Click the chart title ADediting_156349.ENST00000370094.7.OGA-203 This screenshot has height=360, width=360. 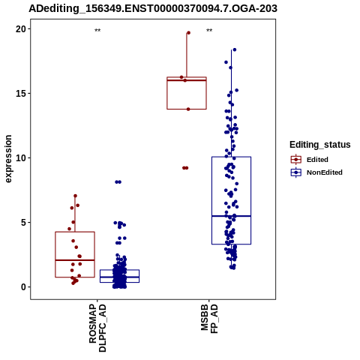153,8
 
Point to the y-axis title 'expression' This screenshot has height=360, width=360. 8,159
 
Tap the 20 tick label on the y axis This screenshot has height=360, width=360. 21,29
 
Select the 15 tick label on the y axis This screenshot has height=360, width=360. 21,94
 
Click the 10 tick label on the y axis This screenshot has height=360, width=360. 21,158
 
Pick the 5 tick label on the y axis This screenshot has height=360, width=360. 23,223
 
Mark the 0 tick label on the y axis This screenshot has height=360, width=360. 23,287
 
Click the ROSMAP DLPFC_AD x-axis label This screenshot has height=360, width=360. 97,328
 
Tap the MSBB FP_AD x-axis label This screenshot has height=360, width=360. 209,319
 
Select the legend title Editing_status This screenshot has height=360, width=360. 319,145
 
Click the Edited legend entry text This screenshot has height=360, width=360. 317,160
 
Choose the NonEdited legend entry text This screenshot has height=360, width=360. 325,172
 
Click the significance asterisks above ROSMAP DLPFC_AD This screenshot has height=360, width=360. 97,31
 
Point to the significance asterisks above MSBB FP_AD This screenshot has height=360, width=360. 209,31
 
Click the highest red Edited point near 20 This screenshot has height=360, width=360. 188,33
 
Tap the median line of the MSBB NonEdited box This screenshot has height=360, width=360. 231,216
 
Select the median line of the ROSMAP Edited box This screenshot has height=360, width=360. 75,260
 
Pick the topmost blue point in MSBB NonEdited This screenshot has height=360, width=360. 234,49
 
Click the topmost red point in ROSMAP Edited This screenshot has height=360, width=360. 75,196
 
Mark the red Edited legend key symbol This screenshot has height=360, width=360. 296,160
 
